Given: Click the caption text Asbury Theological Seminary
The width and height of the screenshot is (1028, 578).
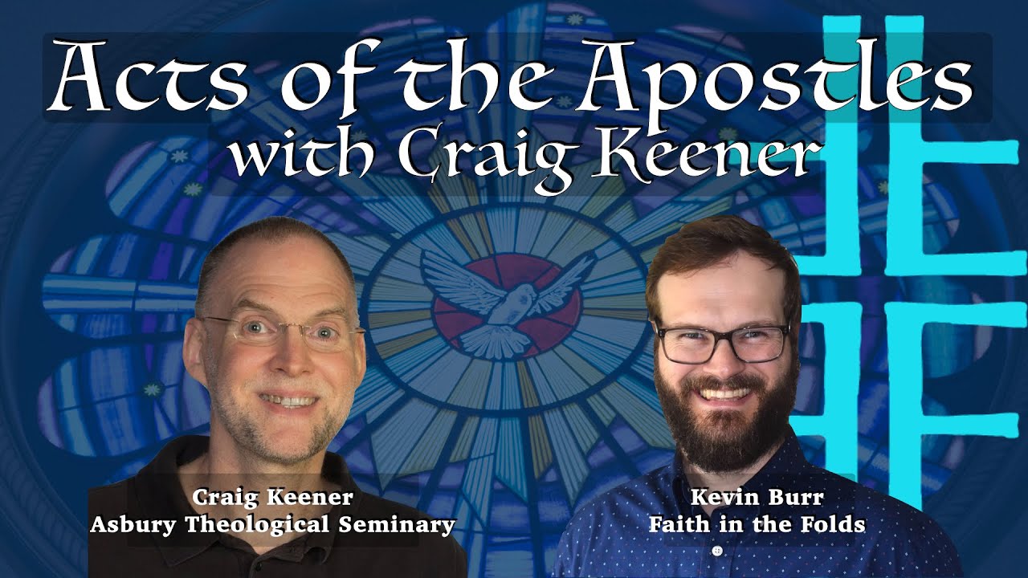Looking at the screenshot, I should [x=273, y=525].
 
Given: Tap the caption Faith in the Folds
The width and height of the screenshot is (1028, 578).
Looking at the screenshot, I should [x=757, y=525].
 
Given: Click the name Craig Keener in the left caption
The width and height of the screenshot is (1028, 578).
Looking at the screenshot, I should [x=273, y=499].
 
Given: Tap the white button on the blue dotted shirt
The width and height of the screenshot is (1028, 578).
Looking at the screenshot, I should [x=717, y=551].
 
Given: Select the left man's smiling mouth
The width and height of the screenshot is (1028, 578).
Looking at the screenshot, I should [x=285, y=398].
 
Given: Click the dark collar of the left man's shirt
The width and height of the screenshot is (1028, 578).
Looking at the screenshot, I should [x=201, y=474].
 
